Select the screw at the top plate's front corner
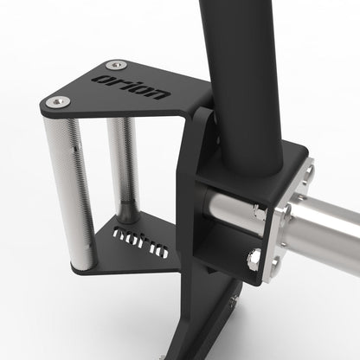(58, 102)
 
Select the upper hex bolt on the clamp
(258, 210)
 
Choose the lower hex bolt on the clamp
(254, 256)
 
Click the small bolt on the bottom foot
(234, 301)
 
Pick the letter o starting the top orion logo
(102, 77)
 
